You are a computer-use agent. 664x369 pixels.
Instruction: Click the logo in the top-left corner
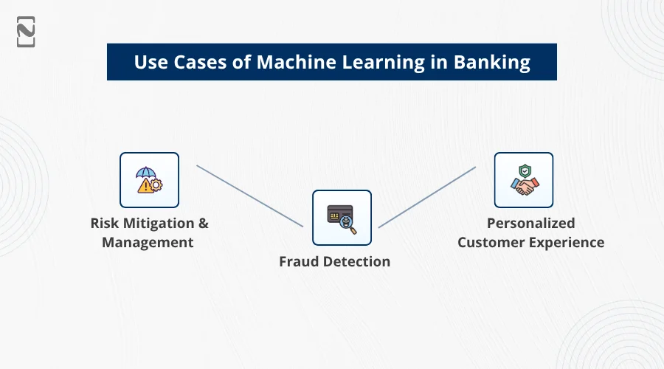coord(27,31)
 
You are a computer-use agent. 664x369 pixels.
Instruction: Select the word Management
coord(148,242)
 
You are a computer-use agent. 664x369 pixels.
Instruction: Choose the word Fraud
coord(298,261)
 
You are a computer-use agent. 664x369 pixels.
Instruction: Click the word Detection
coord(356,261)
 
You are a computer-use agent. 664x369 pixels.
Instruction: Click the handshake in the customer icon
coord(524,187)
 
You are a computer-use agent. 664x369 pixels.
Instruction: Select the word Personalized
coord(530,223)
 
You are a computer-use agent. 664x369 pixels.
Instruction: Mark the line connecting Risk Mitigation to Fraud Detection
coord(249,196)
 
